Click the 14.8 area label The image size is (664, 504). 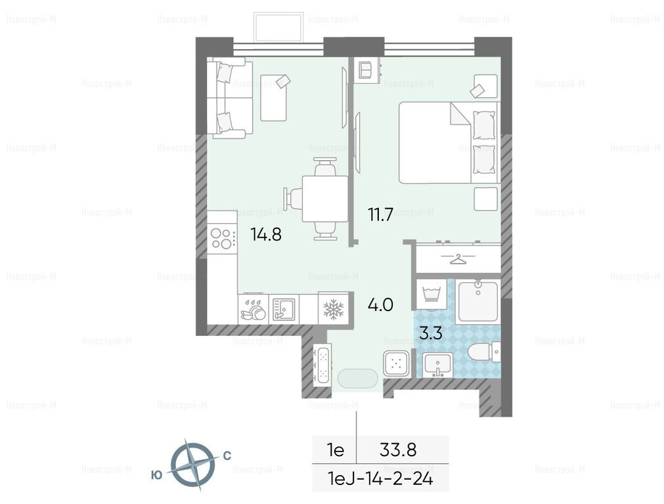pos(266,234)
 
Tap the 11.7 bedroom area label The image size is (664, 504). pos(380,215)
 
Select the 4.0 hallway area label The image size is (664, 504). pos(380,304)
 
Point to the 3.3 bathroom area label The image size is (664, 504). pos(431,333)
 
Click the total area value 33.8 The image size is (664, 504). pos(398,450)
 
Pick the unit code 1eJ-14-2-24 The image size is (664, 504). pos(380,479)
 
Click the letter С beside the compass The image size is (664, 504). pos(227,455)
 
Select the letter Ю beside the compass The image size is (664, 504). pos(156,475)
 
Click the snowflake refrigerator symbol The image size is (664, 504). pos(334,309)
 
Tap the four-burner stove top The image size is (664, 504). pos(222,238)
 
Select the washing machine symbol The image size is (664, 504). pos(432,294)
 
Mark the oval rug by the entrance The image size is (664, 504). pos(358,378)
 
